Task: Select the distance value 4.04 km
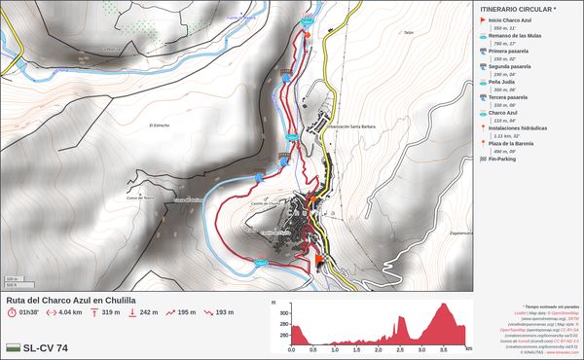click(69, 313)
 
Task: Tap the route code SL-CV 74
click(45, 347)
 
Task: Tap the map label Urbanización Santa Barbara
click(349, 126)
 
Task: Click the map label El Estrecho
click(160, 126)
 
